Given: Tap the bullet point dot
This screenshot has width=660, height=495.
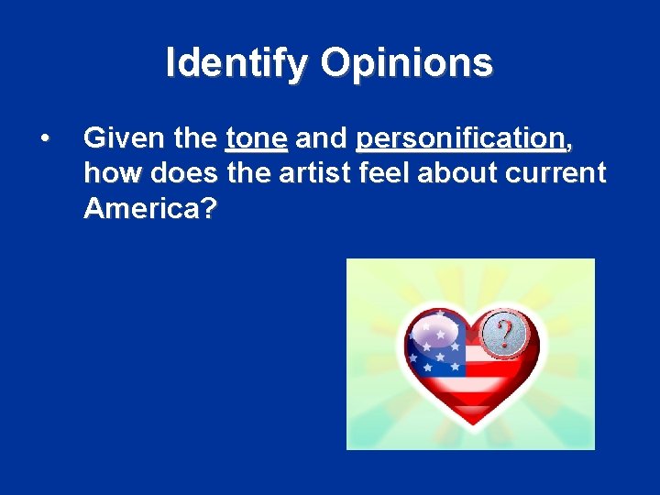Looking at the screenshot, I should point(44,138).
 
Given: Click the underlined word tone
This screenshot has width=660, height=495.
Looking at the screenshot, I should point(257,138).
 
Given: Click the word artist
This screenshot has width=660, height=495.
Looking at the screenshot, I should point(312,173).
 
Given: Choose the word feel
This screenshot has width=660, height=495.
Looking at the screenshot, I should point(381,173).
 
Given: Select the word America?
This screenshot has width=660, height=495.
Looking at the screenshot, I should point(150,208).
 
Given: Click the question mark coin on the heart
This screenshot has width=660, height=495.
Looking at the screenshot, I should point(502,331).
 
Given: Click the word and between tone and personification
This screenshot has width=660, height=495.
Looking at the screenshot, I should point(322,138).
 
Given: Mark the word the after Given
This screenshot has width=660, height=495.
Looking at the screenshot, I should point(193,138).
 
